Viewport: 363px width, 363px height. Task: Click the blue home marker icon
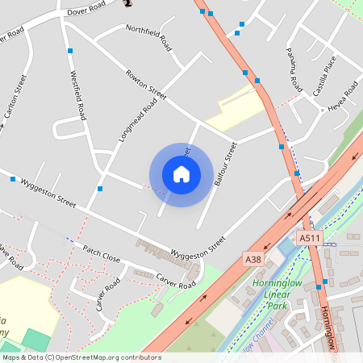[x=181, y=173]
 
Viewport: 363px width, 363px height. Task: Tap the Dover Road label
[x=86, y=10]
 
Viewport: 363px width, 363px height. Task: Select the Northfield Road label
[x=148, y=38]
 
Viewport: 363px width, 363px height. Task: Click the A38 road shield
[x=252, y=259]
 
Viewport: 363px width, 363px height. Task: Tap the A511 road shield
[x=309, y=239]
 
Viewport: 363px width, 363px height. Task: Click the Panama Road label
[x=294, y=68]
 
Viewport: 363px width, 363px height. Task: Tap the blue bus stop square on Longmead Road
[x=100, y=189]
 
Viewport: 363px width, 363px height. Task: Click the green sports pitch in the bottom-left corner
[x=34, y=340]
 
